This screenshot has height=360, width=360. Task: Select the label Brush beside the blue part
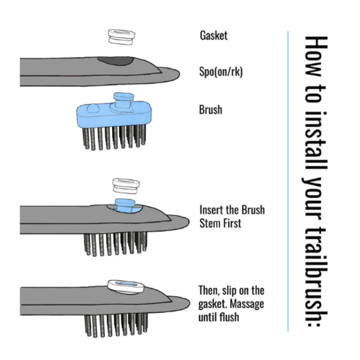point(210,110)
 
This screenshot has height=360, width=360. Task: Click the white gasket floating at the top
point(121,37)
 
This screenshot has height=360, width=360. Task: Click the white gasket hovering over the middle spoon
point(126,186)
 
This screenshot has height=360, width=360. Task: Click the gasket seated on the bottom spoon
point(126,286)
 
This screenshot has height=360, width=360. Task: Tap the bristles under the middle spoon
point(115,243)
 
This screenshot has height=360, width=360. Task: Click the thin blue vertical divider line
point(287,181)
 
